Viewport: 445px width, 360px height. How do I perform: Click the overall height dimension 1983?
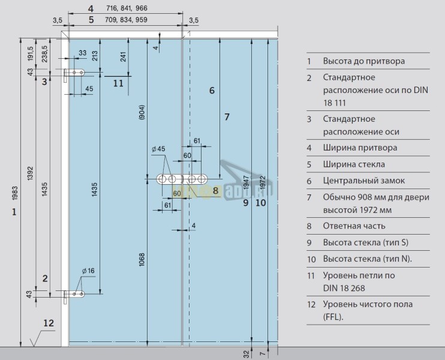click(x=15, y=193)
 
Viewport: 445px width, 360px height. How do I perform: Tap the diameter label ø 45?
click(x=159, y=149)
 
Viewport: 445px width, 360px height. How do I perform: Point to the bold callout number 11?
click(x=118, y=83)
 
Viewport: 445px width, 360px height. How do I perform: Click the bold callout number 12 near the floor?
click(x=49, y=323)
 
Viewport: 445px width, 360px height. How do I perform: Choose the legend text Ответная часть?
click(x=354, y=226)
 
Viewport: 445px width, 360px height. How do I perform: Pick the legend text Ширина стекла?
click(x=354, y=164)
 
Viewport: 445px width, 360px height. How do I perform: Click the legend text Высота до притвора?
click(x=363, y=61)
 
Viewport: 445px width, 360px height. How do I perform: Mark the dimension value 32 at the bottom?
click(x=246, y=353)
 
